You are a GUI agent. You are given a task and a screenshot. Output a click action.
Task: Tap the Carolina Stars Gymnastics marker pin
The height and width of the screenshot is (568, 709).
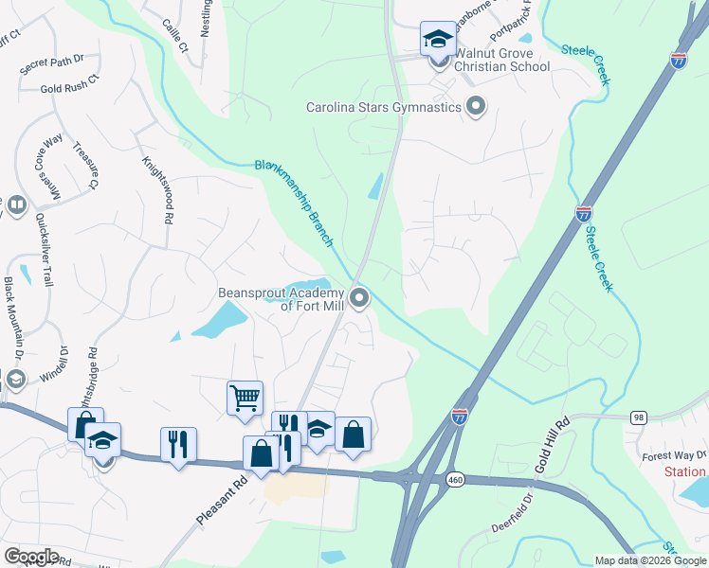pos(476,107)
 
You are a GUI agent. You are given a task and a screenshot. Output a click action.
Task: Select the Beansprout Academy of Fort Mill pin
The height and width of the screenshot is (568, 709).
pos(359,299)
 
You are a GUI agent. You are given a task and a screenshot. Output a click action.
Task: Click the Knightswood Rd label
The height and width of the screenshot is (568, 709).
pos(156,189)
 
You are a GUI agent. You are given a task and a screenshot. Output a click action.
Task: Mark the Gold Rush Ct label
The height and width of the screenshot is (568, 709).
pos(69,89)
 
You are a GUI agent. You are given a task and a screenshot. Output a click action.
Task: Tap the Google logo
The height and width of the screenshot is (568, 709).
pos(30,557)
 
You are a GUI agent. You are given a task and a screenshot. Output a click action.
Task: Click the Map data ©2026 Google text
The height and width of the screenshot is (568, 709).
pos(649,560)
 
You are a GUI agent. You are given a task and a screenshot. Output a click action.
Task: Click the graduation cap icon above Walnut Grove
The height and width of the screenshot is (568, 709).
pos(437,39)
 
